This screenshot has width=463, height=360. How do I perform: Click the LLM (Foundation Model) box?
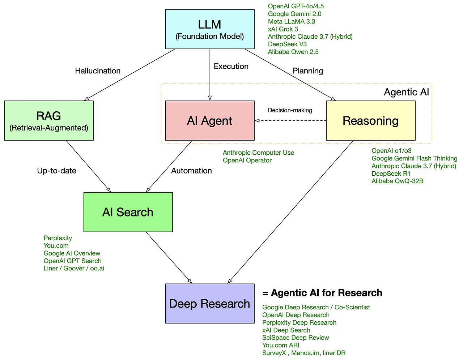click(210, 29)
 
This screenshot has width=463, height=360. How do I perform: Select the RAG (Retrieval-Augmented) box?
click(49, 120)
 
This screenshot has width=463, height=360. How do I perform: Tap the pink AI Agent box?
click(210, 121)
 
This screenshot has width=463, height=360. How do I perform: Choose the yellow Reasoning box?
click(371, 121)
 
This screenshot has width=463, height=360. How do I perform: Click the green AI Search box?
click(128, 212)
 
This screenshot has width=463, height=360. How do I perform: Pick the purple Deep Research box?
click(210, 304)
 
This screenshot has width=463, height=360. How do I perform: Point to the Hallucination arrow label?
click(98, 71)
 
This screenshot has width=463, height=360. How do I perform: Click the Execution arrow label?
click(231, 67)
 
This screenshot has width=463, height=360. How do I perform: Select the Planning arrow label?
click(308, 71)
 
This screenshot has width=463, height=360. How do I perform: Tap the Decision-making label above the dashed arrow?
click(290, 110)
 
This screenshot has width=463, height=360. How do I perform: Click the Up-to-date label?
click(56, 171)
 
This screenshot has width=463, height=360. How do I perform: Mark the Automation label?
click(191, 171)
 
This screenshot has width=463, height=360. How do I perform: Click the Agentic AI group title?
click(406, 92)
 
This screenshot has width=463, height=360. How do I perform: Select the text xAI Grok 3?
click(283, 29)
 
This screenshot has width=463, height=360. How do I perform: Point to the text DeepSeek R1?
click(391, 173)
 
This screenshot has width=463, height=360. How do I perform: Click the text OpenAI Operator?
click(247, 160)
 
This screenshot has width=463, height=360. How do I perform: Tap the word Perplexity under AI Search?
click(58, 238)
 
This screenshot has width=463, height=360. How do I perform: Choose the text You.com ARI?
click(281, 345)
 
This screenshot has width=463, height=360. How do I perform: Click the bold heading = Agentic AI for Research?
click(322, 293)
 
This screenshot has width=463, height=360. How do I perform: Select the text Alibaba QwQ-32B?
click(398, 181)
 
